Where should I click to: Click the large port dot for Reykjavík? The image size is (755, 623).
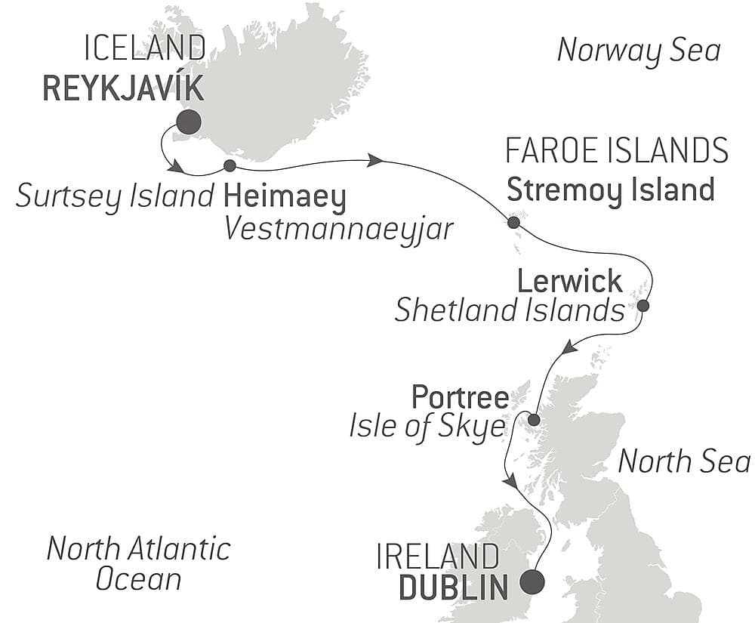(188, 122)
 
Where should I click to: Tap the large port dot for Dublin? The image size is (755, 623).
(533, 582)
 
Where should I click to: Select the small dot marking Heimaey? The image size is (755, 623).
(230, 165)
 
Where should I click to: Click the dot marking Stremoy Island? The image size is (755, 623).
(513, 223)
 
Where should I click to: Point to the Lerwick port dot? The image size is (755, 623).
(643, 306)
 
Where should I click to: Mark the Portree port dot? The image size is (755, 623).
(533, 420)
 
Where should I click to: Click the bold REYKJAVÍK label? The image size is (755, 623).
(123, 88)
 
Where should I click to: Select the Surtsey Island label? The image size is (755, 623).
(116, 196)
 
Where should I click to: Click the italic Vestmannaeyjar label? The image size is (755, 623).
(339, 228)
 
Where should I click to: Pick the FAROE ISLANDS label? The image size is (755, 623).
(616, 151)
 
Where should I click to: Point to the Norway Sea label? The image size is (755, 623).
(639, 51)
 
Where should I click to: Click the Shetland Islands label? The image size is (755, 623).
(510, 310)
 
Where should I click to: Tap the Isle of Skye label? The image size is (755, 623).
(427, 426)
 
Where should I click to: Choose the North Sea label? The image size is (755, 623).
(684, 461)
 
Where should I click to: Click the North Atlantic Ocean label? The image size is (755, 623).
(138, 563)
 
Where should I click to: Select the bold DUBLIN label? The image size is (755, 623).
(453, 588)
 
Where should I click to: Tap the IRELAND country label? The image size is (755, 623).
(438, 558)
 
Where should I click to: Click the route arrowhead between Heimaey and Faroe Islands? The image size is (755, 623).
(374, 160)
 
